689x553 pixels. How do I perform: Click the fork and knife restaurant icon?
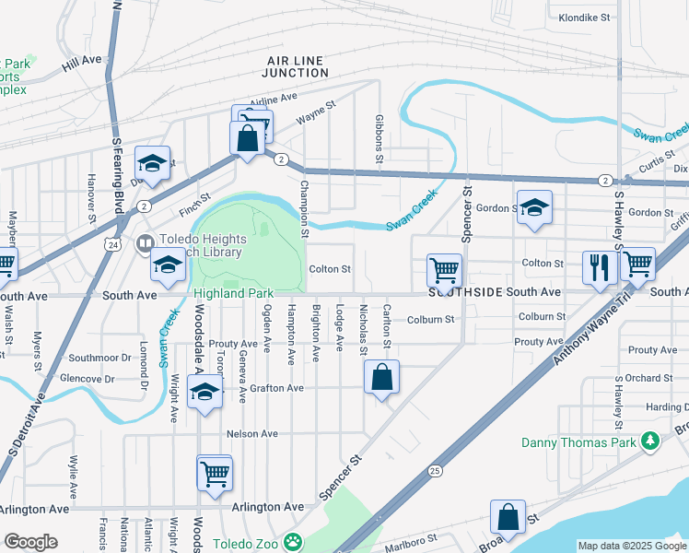[600, 267]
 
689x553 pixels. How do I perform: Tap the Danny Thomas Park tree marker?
[651, 442]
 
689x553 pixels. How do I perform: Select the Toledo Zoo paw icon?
[292, 542]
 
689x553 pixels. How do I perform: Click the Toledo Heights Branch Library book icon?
[144, 244]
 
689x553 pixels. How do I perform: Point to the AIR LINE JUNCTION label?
[293, 66]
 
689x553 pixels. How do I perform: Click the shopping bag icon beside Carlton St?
[381, 377]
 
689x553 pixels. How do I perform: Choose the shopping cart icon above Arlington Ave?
[215, 475]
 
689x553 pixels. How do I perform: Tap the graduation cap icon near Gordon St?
[533, 208]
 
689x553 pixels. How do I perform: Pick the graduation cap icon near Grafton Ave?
[204, 393]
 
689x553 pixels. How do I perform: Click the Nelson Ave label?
[251, 433]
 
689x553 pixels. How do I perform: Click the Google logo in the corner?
[30, 542]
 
